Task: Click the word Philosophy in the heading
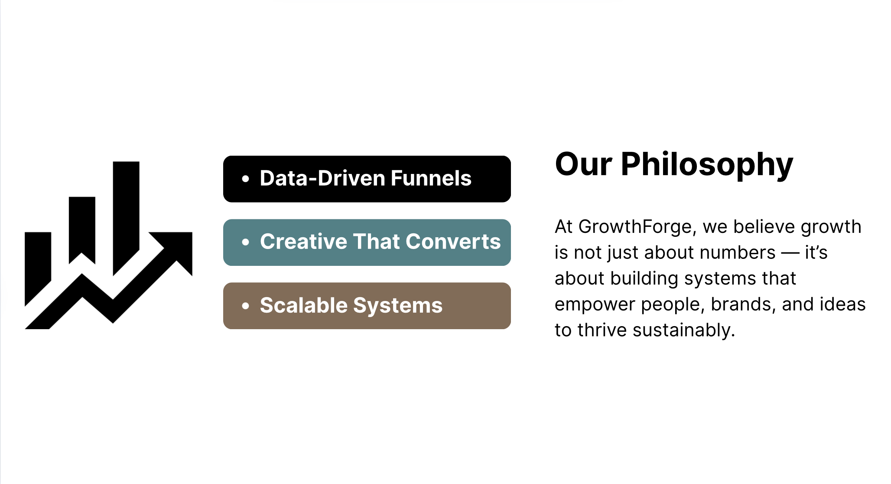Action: pos(707,165)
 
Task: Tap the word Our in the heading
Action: pos(583,164)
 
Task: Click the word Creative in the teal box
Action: pos(303,242)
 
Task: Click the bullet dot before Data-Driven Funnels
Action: pos(246,179)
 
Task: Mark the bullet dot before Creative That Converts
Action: pos(246,242)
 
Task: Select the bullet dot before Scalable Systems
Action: pos(246,306)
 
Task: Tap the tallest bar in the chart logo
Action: pos(126,217)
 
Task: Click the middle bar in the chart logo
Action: pos(82,228)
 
